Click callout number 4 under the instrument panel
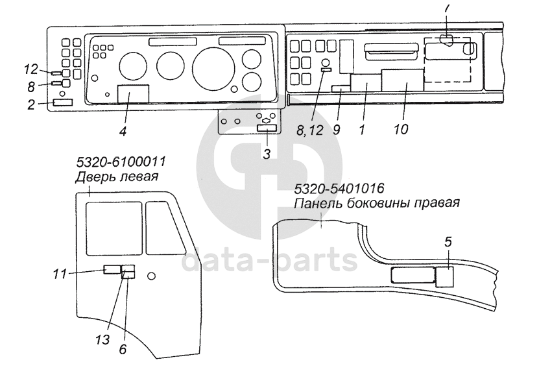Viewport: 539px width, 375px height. coord(122,131)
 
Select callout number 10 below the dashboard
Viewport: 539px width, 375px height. coord(400,128)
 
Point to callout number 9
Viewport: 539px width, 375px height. coord(336,128)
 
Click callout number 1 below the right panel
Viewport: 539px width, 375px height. coord(361,128)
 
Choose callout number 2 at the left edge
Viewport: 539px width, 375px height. coord(30,104)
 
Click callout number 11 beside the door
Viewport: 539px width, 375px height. coord(60,275)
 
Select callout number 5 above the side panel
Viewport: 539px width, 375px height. coord(448,241)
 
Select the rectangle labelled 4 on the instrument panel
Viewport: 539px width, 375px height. coord(132,94)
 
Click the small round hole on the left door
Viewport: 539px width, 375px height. coord(152,276)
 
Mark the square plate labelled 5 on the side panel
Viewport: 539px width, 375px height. coord(445,277)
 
